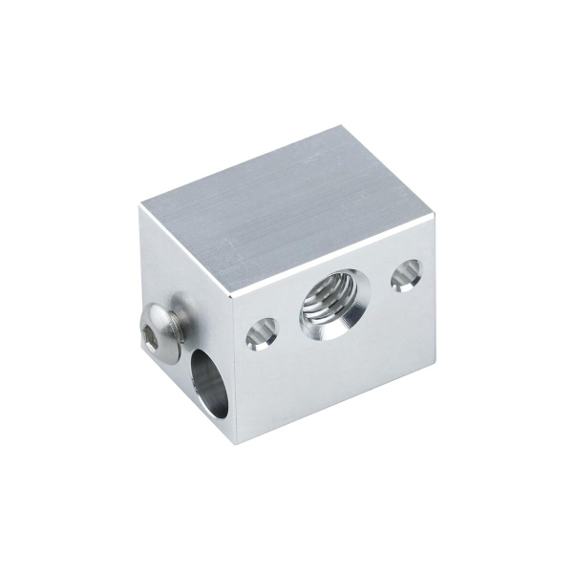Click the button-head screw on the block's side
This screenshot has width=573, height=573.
coord(159,330)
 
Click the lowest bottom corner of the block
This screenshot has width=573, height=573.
coord(241,446)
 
